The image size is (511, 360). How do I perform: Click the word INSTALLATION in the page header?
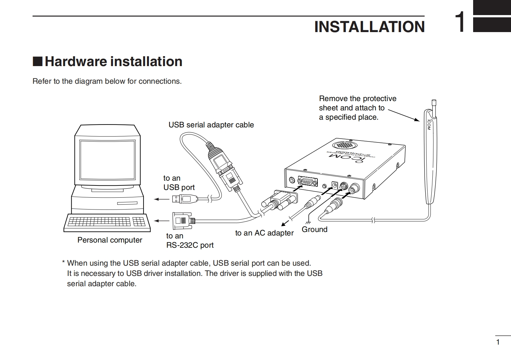[369, 27]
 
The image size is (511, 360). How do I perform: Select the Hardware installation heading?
[113, 61]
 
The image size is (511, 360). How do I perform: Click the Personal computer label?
[110, 240]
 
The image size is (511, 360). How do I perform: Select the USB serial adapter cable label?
[211, 125]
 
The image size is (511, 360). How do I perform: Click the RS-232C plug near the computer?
[182, 221]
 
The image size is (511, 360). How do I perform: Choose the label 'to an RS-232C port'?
[189, 241]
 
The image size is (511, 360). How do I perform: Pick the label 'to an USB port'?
[179, 183]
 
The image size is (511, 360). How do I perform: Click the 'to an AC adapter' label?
[264, 233]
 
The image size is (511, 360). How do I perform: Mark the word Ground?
[314, 229]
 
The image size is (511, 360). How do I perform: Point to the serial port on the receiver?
[307, 182]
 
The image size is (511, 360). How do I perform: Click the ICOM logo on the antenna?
[429, 124]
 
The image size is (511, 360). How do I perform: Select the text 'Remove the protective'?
[358, 99]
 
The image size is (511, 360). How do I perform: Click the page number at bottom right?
[498, 342]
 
